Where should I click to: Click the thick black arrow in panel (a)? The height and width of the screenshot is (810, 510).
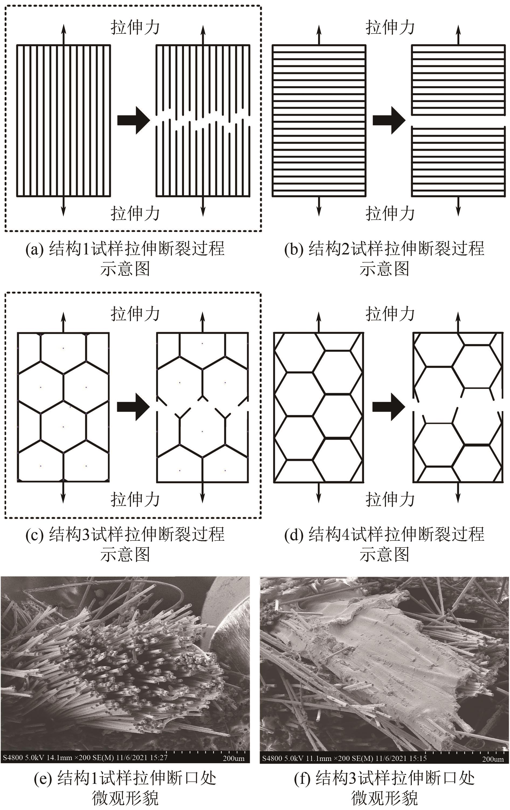tap(133, 120)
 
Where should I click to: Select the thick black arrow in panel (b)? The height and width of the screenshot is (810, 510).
tap(388, 120)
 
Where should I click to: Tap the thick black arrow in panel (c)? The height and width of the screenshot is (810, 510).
tap(133, 407)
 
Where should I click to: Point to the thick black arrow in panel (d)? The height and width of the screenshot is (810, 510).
tap(388, 407)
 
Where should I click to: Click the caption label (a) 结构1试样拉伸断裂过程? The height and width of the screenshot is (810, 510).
tap(125, 249)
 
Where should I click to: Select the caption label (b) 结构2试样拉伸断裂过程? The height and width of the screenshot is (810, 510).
tap(384, 249)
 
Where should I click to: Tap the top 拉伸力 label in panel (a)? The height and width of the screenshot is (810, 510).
tap(135, 27)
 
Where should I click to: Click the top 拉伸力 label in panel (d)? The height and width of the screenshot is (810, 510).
tap(390, 314)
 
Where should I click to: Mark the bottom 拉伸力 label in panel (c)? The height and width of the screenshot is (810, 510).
tap(135, 499)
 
